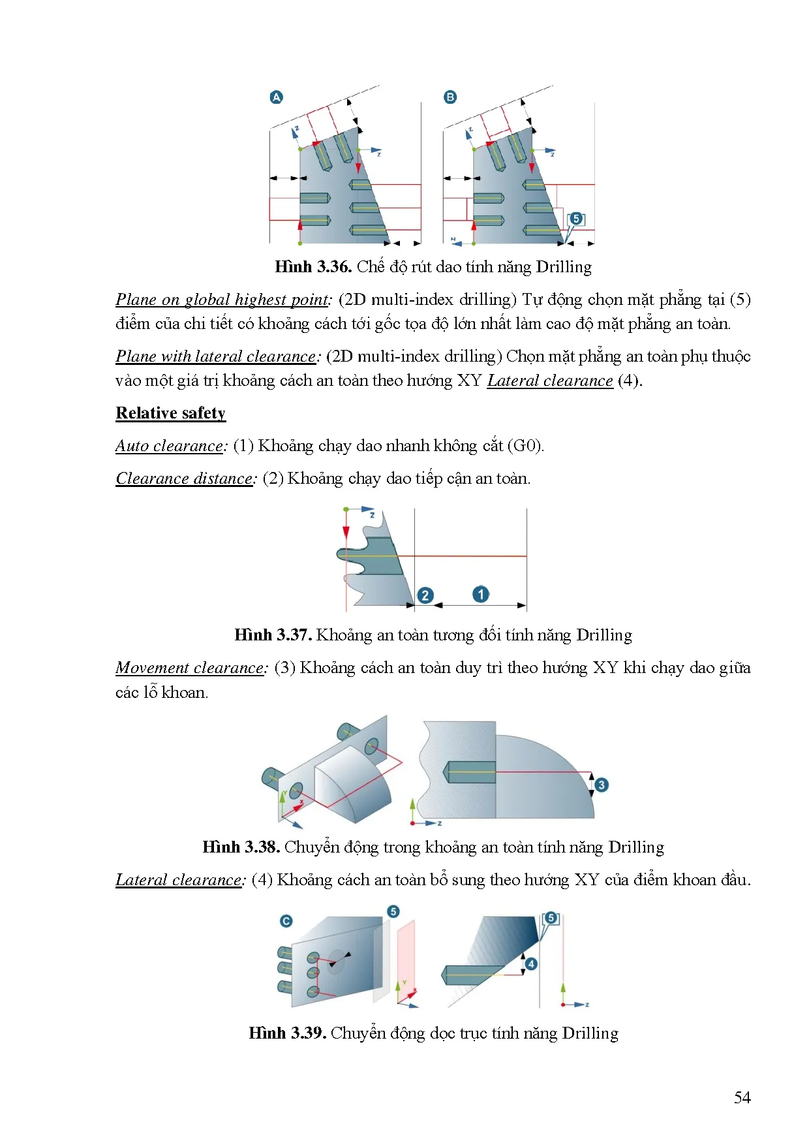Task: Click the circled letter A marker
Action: (276, 97)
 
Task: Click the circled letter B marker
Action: (450, 97)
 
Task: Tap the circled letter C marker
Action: (286, 921)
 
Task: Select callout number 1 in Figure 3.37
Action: (481, 594)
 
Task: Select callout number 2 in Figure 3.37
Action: (425, 595)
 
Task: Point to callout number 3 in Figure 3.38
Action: (602, 785)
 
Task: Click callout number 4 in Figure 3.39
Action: (532, 964)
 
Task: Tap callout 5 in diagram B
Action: (576, 219)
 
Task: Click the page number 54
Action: (742, 1098)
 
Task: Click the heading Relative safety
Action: (170, 413)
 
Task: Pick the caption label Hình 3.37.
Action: (273, 635)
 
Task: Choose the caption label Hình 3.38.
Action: (241, 847)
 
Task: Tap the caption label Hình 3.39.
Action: (287, 1033)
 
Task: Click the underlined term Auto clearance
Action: (170, 446)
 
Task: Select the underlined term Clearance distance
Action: (185, 478)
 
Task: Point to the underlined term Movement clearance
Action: (190, 668)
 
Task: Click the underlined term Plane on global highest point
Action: (222, 300)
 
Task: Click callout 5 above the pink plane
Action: (393, 911)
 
